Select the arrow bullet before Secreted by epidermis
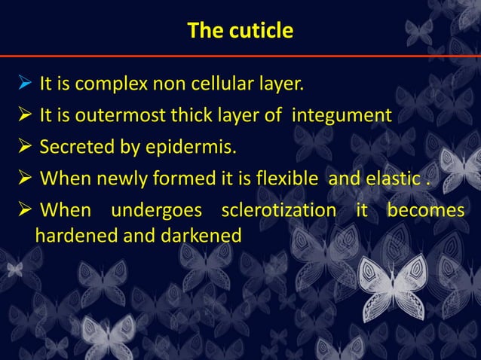[x=23, y=145]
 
